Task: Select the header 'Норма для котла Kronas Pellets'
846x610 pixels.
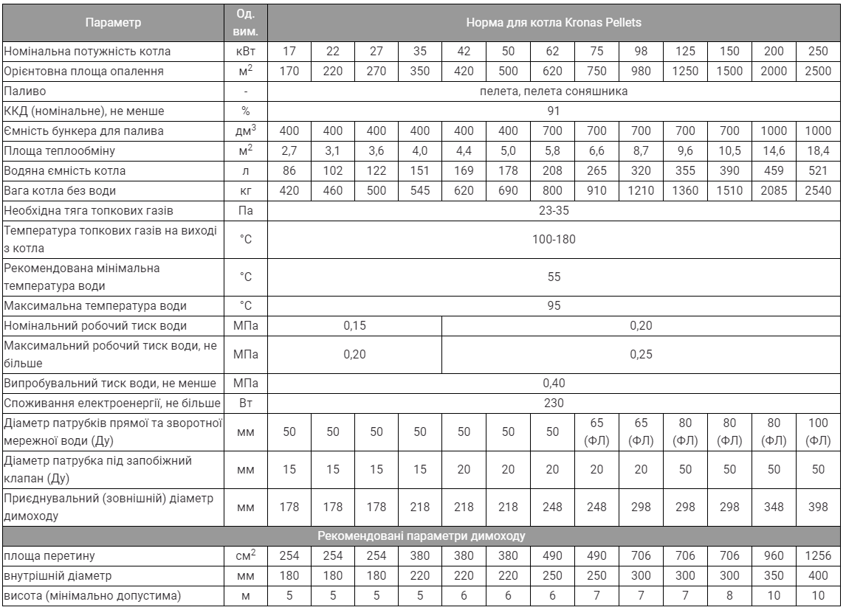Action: tap(554, 22)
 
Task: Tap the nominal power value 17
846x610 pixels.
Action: tap(289, 52)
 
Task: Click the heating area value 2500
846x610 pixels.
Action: tap(819, 72)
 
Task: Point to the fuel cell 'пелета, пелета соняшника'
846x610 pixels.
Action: tap(554, 91)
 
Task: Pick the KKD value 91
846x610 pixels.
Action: tap(554, 111)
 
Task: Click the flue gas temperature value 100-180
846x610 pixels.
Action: tap(554, 240)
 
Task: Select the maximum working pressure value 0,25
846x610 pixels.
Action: tap(641, 355)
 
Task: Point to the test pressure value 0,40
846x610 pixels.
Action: tap(554, 383)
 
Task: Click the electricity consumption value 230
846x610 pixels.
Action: tap(554, 403)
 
